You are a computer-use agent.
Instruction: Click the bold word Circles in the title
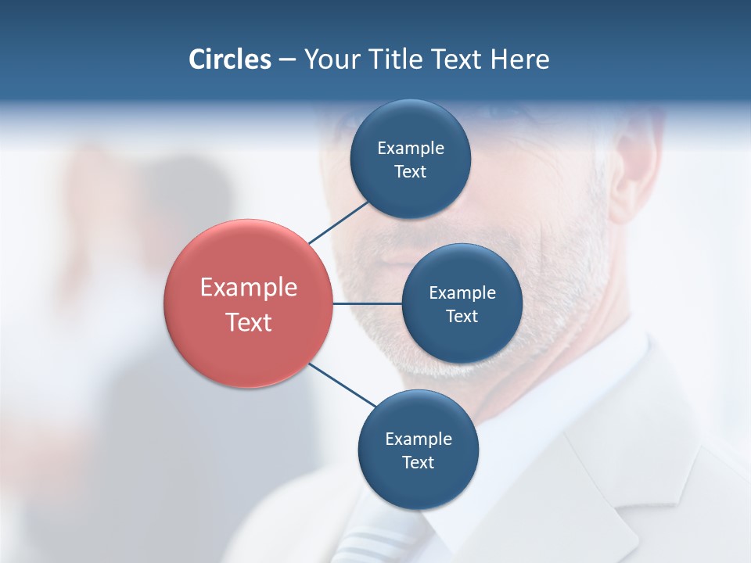(x=229, y=59)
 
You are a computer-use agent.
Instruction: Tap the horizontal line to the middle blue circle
(x=367, y=303)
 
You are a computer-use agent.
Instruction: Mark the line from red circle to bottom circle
(x=342, y=385)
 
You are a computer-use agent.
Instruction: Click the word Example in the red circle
(x=249, y=288)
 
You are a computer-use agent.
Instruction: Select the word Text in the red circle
(x=249, y=322)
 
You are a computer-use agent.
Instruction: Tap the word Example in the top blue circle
(x=411, y=149)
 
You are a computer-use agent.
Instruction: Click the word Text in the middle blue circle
(x=462, y=317)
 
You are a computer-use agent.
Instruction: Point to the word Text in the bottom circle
(x=418, y=463)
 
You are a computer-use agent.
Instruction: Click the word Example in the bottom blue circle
(x=419, y=439)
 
